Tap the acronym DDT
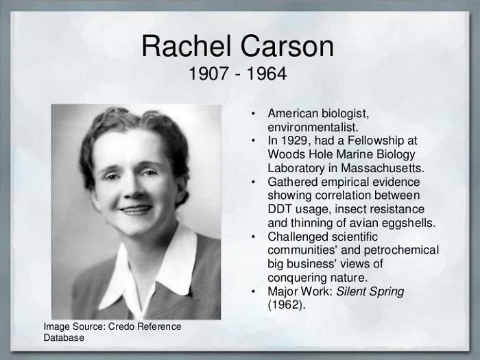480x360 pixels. coord(281,208)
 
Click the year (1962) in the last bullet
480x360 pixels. coord(285,304)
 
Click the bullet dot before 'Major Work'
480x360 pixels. coord(253,291)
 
